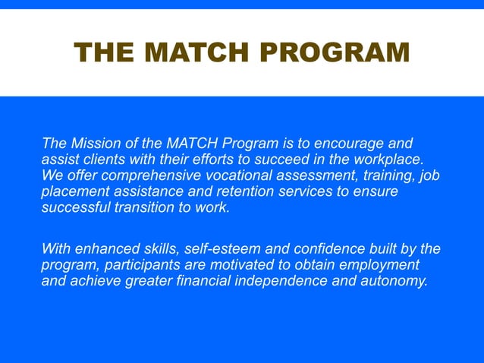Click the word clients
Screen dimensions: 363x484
(x=96, y=159)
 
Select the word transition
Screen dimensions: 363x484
(x=133, y=207)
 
